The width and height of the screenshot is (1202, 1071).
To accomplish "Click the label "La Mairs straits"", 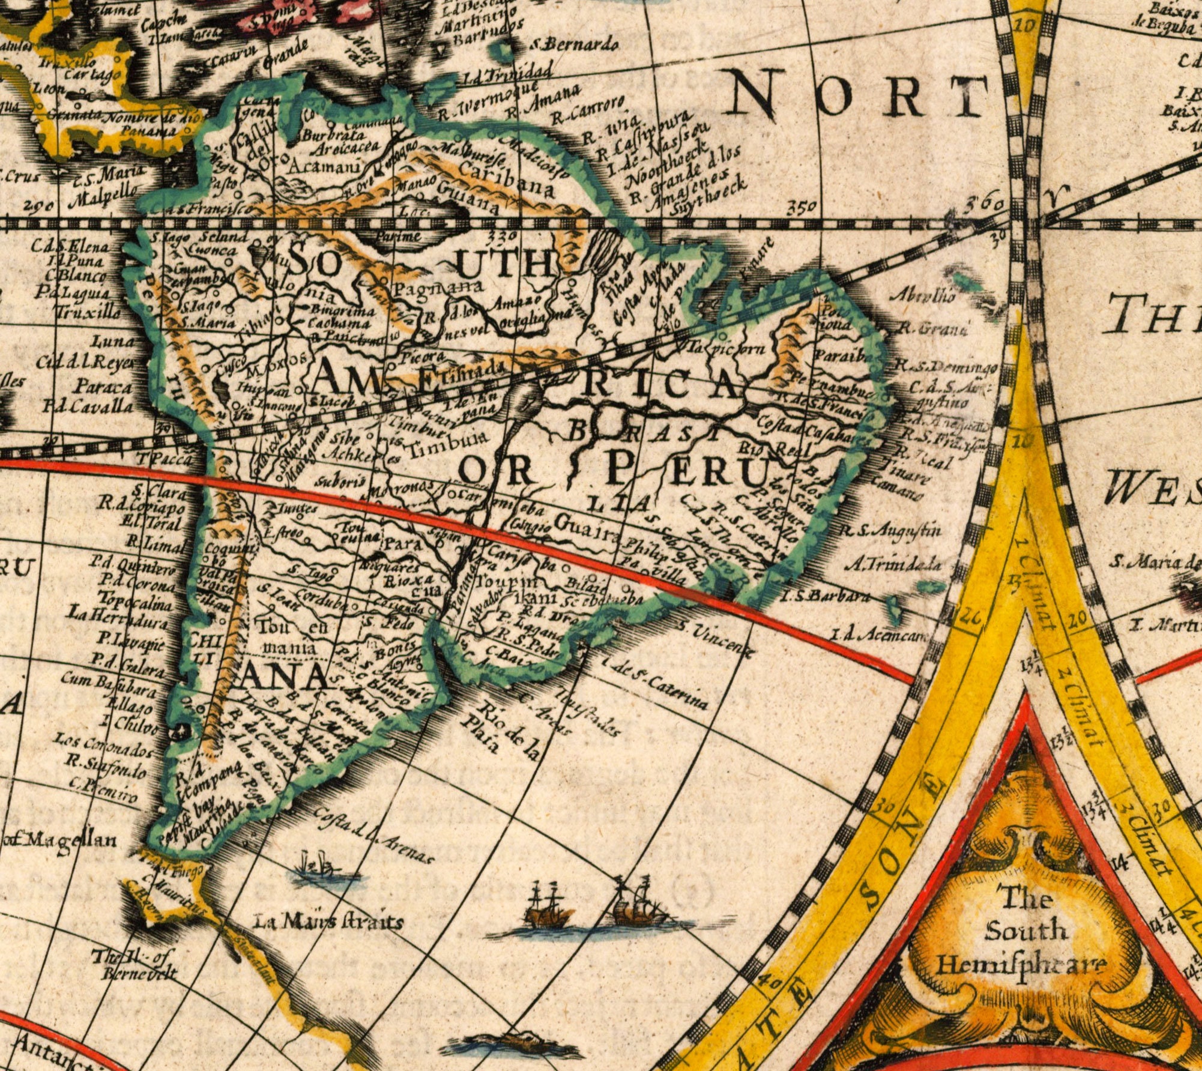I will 328,922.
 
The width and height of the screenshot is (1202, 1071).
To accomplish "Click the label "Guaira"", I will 586,523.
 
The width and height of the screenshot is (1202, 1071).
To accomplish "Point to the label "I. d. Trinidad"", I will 507,76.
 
